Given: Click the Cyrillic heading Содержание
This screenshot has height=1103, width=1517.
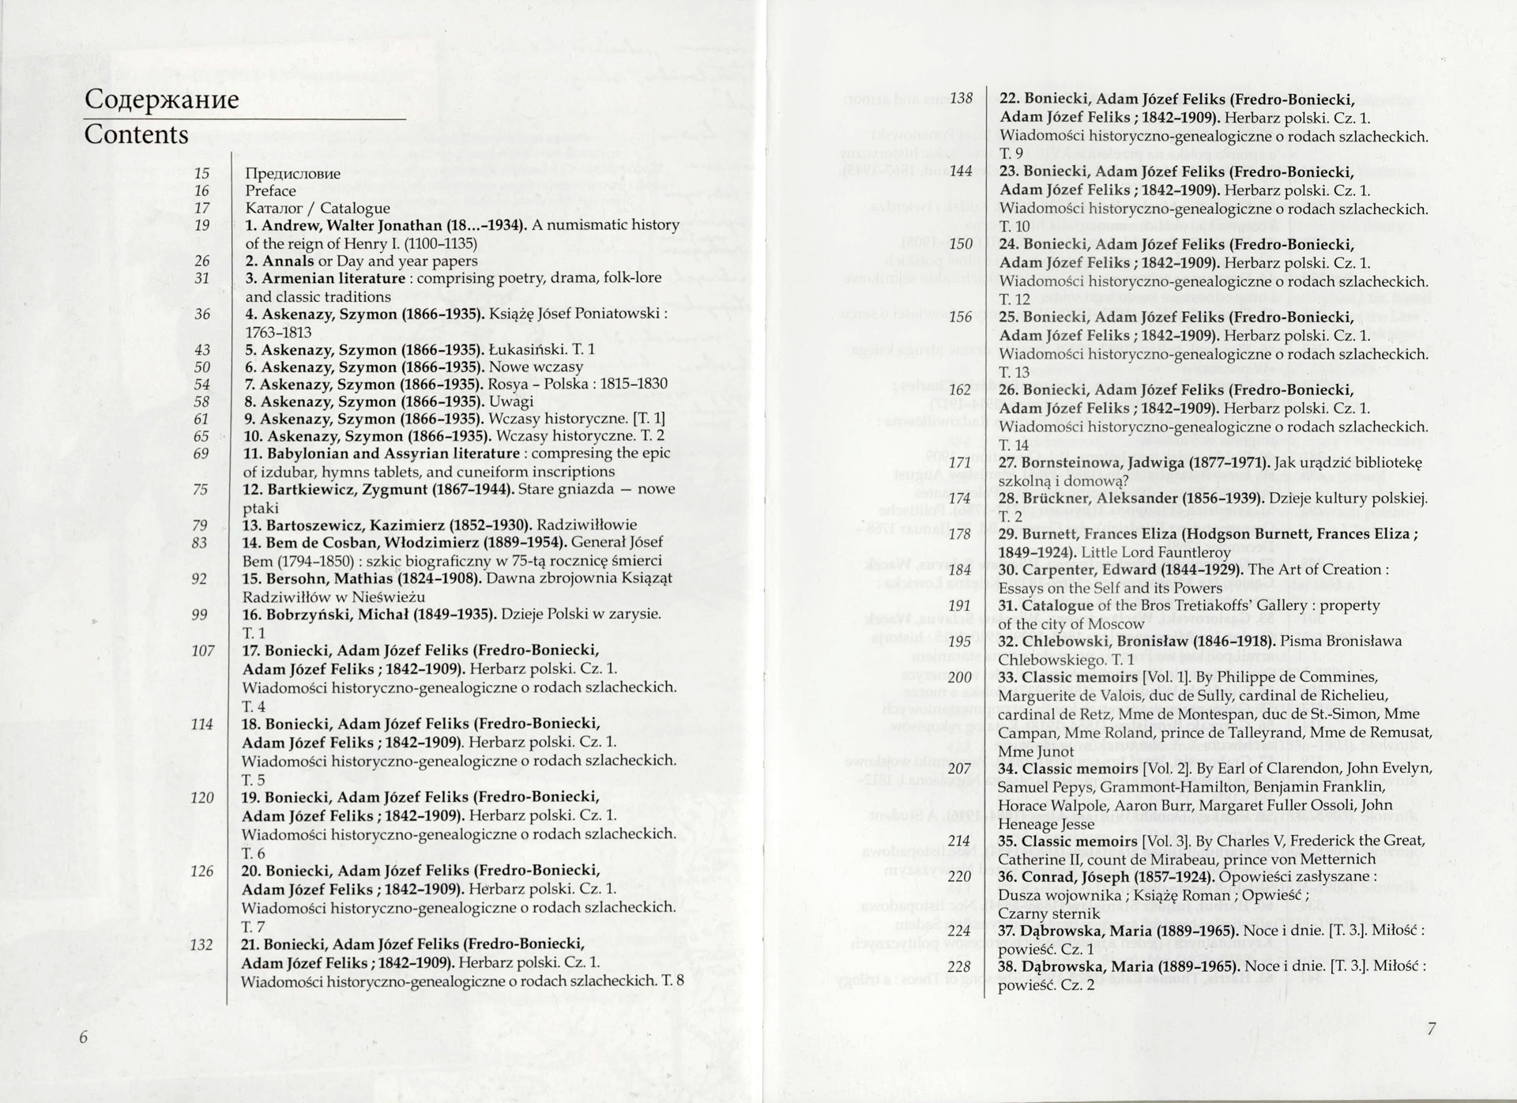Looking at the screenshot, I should pyautogui.click(x=161, y=100).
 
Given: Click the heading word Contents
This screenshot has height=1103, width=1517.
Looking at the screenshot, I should pyautogui.click(x=136, y=134).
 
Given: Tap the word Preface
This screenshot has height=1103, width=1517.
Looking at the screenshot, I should pyautogui.click(x=270, y=191).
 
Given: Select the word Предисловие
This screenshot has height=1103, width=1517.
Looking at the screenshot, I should pyautogui.click(x=292, y=174).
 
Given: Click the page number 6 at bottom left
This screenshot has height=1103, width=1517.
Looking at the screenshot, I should pyautogui.click(x=84, y=1037).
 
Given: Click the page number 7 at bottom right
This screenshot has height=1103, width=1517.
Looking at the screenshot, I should pyautogui.click(x=1431, y=1029).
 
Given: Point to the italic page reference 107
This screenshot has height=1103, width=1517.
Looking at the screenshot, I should pyautogui.click(x=202, y=651).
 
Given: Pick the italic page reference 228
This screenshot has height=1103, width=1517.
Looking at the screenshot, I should pyautogui.click(x=958, y=966).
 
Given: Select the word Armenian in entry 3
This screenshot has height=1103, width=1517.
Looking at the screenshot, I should pyautogui.click(x=296, y=279).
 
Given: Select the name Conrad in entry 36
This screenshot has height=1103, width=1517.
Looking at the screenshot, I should pyautogui.click(x=1048, y=877).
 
